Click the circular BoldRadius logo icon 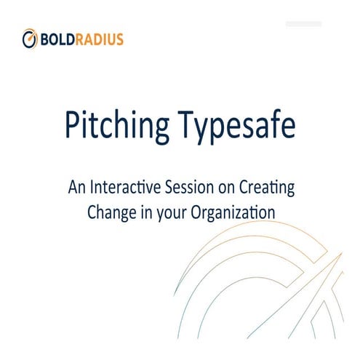point(30,38)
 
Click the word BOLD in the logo point(57,39)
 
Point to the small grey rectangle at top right point(303,24)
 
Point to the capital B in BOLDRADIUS point(45,39)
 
